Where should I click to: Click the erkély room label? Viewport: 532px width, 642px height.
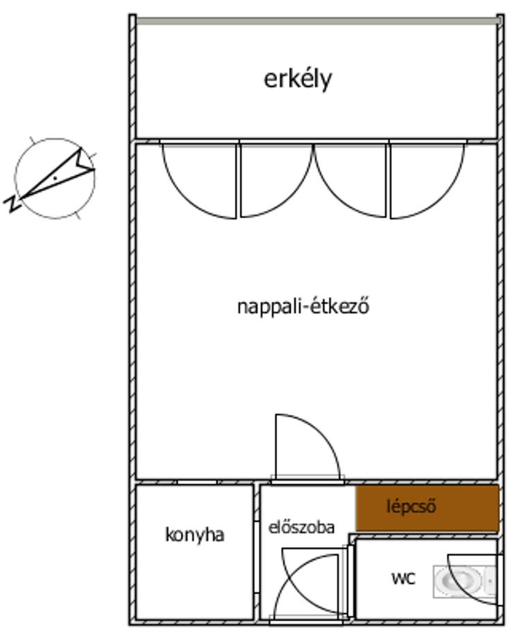(297, 80)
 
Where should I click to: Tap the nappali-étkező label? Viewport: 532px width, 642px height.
(303, 306)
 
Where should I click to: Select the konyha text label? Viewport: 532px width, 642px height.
(195, 535)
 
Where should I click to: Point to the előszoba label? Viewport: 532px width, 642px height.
(301, 527)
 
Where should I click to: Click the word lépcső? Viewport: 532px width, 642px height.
(411, 507)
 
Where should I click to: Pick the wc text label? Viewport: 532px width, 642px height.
(403, 578)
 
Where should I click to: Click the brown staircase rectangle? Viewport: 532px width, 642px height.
(427, 508)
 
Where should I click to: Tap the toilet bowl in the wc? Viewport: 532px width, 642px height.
(459, 580)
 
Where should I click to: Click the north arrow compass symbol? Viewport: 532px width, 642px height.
(55, 179)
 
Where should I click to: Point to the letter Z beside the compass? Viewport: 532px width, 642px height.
(12, 203)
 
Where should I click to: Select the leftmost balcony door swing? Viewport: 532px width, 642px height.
(199, 181)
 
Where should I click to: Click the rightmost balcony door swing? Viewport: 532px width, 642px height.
(427, 181)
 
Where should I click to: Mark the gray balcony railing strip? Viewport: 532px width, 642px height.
(318, 21)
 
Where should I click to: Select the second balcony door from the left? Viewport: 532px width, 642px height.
(276, 180)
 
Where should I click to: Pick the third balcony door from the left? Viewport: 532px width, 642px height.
(351, 180)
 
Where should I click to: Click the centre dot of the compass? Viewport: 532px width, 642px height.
(55, 178)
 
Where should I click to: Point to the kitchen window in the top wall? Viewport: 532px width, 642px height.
(197, 482)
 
